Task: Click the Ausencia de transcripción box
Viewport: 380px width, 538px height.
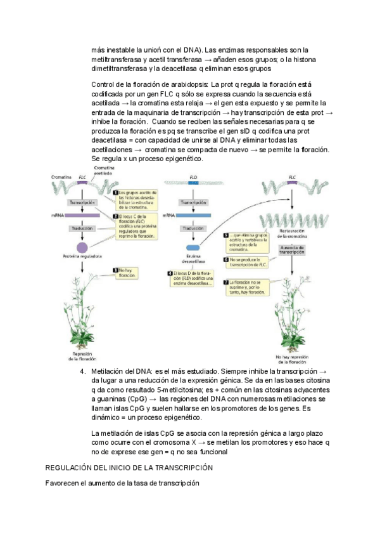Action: (x=292, y=250)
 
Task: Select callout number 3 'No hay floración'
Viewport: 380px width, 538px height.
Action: (x=125, y=273)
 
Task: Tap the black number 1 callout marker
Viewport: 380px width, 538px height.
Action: (x=115, y=192)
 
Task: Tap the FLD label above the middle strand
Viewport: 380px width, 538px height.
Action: (x=193, y=178)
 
